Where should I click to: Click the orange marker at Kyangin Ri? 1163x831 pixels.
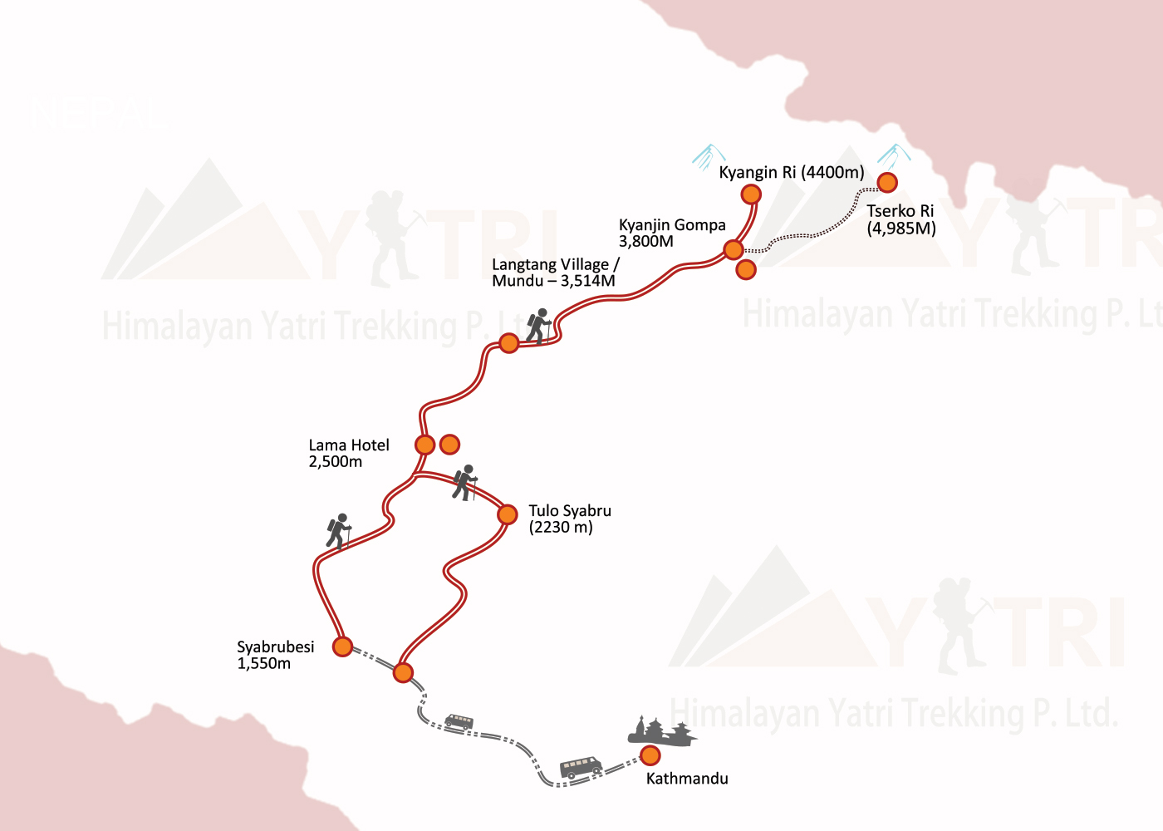751,194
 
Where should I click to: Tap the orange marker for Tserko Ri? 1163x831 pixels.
887,183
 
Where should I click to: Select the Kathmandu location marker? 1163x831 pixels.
650,755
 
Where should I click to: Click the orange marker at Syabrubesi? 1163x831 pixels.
342,647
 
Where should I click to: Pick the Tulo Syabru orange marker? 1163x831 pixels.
508,515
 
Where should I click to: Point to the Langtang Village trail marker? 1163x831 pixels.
509,343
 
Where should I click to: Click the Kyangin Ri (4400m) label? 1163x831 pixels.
791,173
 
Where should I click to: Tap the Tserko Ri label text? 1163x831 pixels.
900,219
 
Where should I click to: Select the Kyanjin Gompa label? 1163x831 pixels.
671,233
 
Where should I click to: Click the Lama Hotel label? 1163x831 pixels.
348,453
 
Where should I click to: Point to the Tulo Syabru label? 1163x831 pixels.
569,519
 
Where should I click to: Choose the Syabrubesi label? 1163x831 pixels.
275,655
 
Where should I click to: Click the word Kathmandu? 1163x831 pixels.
687,779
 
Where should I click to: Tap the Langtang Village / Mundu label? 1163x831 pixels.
554,273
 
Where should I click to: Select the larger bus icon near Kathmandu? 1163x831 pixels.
581,766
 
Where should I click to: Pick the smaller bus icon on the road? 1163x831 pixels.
459,721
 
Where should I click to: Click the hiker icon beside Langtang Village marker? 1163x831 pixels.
539,326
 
